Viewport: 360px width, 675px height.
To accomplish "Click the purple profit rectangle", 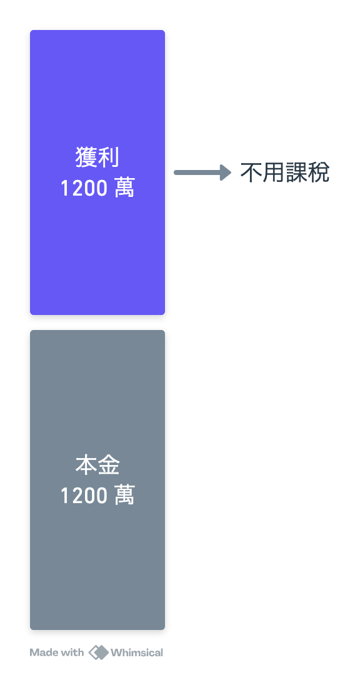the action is coord(97,172).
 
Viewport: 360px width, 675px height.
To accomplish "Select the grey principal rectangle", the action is coord(97,479).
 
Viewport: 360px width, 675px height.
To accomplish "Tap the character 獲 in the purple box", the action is coord(86,157).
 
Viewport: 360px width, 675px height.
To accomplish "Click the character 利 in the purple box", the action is coord(109,157).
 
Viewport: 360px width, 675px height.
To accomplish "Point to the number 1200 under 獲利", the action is coord(85,189).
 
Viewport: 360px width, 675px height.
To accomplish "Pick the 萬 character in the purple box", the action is coord(125,189).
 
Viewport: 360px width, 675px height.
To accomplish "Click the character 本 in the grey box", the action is coord(86,466).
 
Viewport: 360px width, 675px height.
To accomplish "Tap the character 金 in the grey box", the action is coord(109,466).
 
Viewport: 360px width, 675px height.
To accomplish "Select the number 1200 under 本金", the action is coord(85,496).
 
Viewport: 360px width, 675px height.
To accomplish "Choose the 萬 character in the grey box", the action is coord(125,496).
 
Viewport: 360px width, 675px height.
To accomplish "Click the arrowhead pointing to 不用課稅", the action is coord(226,172).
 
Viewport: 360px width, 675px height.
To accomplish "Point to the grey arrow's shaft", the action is coord(197,172).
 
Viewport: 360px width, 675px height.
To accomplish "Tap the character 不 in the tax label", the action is coord(251,172).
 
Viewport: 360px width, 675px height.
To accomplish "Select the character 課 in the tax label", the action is coord(296,172).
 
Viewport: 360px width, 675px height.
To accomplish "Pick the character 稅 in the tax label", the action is coord(318,172).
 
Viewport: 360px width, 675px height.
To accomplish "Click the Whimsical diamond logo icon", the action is coord(99,652).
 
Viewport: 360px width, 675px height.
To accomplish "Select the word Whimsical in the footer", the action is coord(137,652).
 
